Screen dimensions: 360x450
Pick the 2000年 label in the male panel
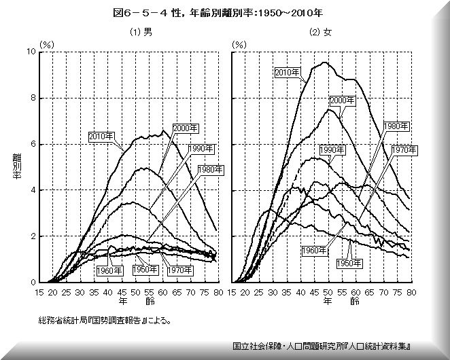pyautogui.click(x=185, y=128)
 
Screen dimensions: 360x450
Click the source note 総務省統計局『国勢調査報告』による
pyautogui.click(x=105, y=319)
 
